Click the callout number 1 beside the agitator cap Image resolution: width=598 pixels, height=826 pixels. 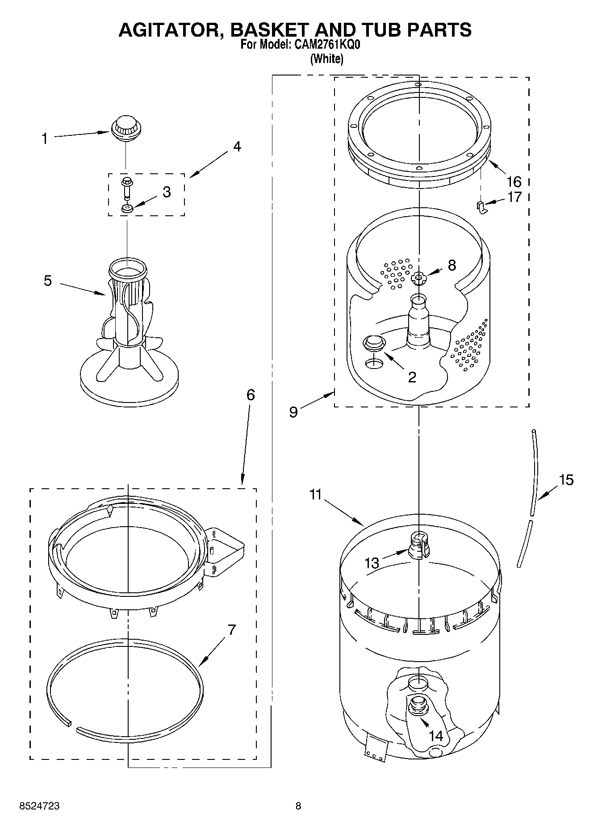point(44,139)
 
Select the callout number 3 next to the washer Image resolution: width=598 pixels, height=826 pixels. point(166,192)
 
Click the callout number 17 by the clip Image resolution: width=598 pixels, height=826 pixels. point(514,197)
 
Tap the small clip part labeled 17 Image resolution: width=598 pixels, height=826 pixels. point(480,207)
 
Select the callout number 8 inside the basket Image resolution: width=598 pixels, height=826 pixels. point(452,265)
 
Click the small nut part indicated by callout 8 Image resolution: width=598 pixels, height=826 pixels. point(418,279)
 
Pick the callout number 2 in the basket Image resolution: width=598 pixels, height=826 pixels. point(412,377)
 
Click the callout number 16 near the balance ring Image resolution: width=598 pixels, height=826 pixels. point(514,181)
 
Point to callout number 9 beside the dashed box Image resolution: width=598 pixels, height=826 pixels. point(293,411)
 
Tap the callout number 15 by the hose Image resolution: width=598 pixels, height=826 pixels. point(566,480)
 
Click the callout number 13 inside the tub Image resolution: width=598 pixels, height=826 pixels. point(372,563)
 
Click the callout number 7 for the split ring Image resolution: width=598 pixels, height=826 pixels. point(232,630)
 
